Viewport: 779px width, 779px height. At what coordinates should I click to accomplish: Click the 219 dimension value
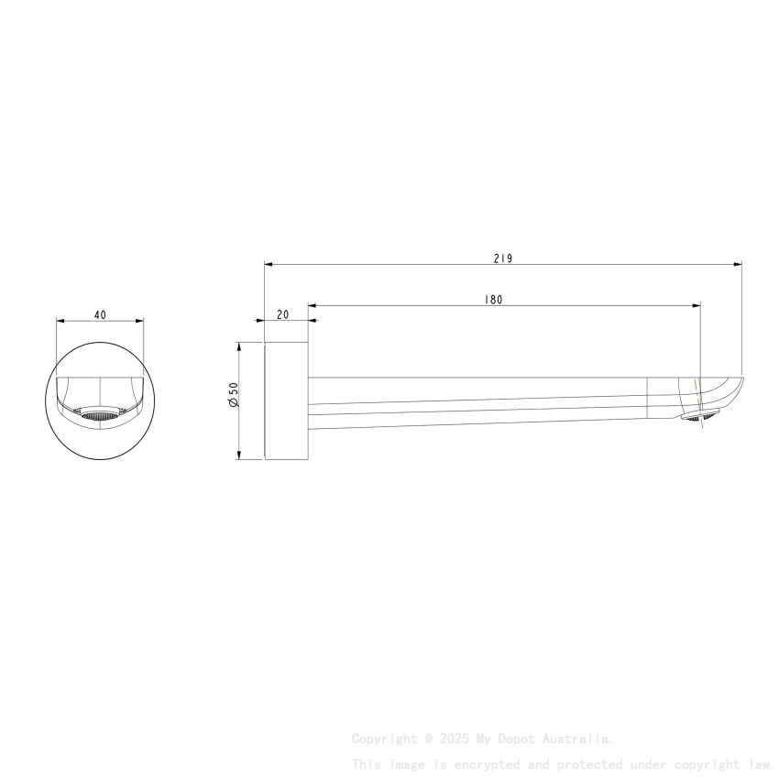[502, 258]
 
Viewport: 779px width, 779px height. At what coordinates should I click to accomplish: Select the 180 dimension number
[494, 299]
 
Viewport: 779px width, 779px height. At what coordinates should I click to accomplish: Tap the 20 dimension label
[282, 314]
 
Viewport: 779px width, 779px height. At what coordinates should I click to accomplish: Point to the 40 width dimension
[100, 314]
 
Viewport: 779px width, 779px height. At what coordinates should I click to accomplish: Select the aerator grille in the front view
[100, 416]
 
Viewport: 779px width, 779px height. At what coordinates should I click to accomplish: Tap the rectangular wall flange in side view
[286, 401]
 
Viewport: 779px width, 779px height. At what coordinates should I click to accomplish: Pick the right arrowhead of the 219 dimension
[738, 265]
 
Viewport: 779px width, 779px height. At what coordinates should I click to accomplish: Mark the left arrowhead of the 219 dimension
[269, 265]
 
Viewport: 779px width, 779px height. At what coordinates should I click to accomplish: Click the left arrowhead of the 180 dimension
[312, 304]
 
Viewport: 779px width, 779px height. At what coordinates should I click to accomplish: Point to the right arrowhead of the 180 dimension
[697, 304]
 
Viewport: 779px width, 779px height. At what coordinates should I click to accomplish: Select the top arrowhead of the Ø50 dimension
[239, 346]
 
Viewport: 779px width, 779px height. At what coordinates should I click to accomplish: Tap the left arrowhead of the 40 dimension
[60, 321]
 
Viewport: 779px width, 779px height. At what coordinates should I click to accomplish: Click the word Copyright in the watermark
[383, 738]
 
